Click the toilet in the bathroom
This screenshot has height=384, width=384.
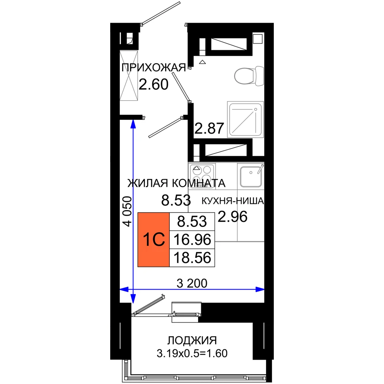pos(249,76)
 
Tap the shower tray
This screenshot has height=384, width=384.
pos(245,119)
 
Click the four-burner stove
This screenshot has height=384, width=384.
pos(202,176)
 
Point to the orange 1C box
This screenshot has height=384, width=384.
pos(154,240)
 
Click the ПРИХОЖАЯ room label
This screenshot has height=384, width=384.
pos(154,68)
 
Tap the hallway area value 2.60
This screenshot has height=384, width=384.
pos(154,84)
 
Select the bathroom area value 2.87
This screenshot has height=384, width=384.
pos(209,128)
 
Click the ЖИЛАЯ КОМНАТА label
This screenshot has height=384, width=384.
pos(176,183)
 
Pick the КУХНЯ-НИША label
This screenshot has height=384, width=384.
pos(233,201)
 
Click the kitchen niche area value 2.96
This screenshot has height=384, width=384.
pos(233,217)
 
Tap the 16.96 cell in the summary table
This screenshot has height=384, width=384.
pos(192,240)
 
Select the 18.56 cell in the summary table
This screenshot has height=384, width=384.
pos(192,258)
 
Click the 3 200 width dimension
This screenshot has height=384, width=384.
pos(192,283)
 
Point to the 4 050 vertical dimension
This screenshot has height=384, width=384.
pos(127,211)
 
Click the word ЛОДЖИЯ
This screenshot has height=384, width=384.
pos(192,340)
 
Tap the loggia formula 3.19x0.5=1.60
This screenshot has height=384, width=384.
pos(192,353)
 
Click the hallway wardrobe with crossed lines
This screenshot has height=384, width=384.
pos(129,76)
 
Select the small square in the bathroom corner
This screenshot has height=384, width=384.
pos(258,39)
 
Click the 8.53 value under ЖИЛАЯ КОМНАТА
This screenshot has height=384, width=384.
pos(176,200)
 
